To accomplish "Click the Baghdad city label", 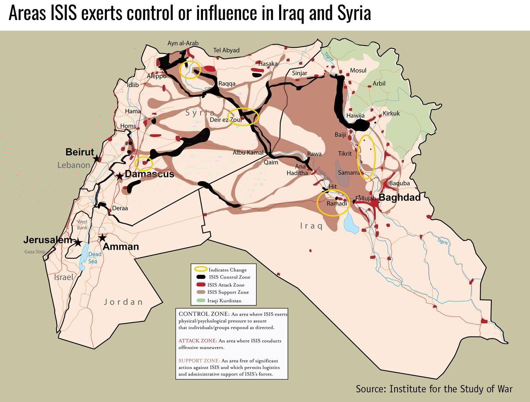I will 399,197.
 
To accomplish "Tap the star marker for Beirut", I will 96,158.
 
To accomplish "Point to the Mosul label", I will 358,71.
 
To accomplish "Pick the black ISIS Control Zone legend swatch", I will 201,277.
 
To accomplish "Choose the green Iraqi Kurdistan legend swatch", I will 201,300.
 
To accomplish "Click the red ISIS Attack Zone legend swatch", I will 201,285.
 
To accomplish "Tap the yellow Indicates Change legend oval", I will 201,269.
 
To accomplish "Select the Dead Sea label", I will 95,258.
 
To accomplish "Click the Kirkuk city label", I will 391,113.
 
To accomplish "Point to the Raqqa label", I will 227,84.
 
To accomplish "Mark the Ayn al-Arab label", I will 183,43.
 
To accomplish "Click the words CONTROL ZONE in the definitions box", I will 203,314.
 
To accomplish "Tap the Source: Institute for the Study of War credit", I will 434,389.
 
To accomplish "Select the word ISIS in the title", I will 63,13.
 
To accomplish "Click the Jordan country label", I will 124,302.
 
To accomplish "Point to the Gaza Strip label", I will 35,252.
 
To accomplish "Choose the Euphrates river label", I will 324,175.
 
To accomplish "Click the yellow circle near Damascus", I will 144,163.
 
